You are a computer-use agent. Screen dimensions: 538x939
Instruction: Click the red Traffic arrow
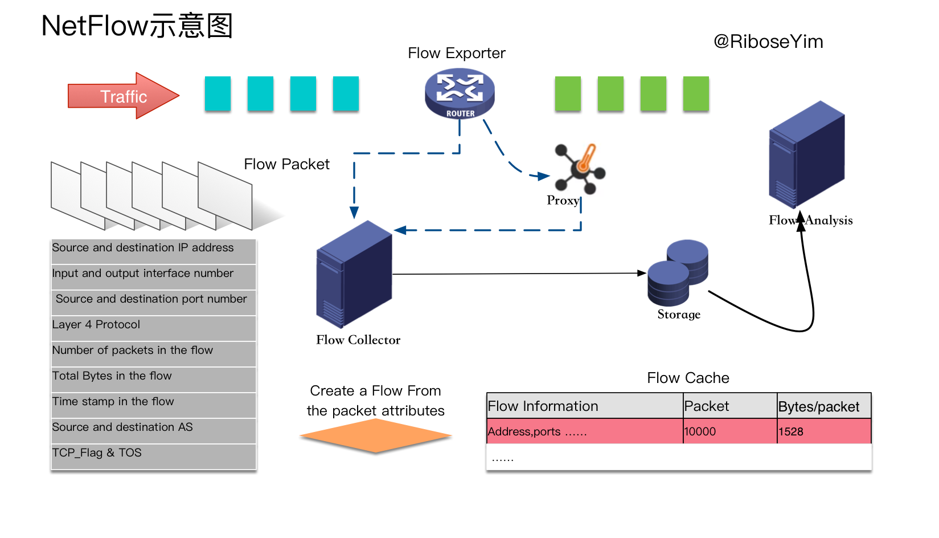point(123,96)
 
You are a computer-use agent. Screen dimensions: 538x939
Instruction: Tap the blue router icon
point(460,93)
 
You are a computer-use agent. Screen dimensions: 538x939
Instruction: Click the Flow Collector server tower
point(354,275)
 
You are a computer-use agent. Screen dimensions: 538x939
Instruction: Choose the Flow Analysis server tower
point(806,155)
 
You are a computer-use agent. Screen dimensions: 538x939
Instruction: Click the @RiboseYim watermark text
point(768,42)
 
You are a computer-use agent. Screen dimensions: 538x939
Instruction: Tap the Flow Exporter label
point(456,53)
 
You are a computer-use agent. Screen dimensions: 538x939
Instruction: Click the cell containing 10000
point(729,431)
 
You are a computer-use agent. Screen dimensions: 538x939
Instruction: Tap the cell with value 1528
point(823,431)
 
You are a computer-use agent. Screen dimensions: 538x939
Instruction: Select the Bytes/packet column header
point(823,406)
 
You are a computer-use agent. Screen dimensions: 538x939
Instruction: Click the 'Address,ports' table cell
point(584,431)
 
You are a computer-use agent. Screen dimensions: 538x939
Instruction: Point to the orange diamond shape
point(375,436)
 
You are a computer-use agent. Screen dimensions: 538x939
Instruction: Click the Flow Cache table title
point(688,378)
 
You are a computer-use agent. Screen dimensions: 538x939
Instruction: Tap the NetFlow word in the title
point(95,26)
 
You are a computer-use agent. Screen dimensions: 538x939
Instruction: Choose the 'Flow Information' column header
point(584,406)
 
